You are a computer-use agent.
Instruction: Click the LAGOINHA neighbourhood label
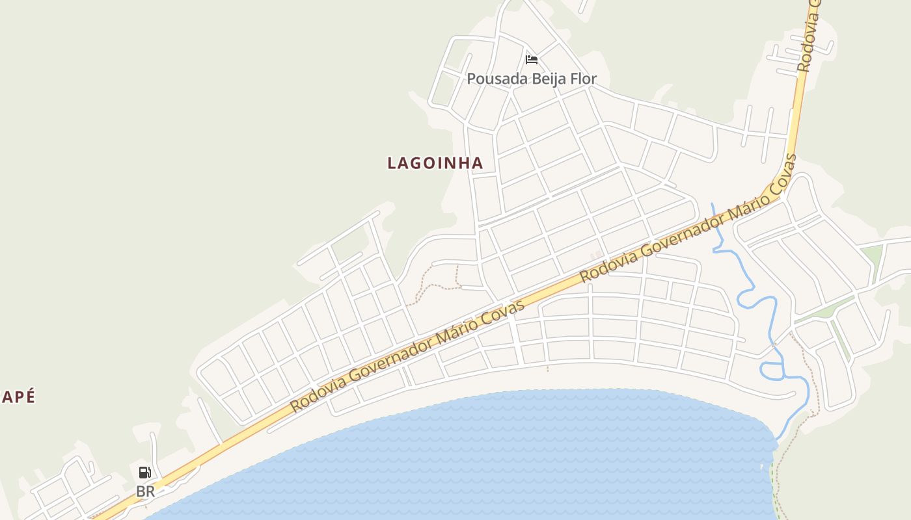pos(435,163)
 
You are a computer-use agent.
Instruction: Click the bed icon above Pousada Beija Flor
pos(532,60)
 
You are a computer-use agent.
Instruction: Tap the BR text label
pos(145,492)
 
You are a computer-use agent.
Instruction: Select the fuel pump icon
pos(145,473)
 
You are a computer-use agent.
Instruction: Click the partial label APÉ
pos(18,397)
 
